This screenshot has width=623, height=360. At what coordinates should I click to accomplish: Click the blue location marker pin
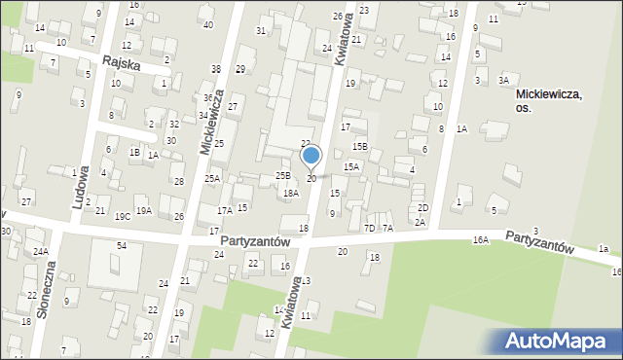pyautogui.click(x=311, y=156)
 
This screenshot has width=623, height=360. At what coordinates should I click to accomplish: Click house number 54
pyautogui.click(x=122, y=245)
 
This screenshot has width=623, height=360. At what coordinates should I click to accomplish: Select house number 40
pyautogui.click(x=207, y=24)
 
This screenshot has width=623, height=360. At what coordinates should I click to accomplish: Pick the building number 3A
pyautogui.click(x=503, y=80)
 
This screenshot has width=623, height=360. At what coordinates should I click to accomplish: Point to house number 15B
pyautogui.click(x=360, y=146)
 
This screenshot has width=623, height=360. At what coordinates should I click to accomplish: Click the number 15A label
pyautogui.click(x=351, y=167)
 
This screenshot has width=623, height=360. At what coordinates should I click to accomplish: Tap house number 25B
pyautogui.click(x=282, y=175)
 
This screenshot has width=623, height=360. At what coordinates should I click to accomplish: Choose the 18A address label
pyautogui.click(x=290, y=194)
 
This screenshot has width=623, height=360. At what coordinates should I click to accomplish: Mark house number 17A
pyautogui.click(x=224, y=210)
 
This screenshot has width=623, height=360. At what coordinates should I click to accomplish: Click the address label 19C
pyautogui.click(x=122, y=216)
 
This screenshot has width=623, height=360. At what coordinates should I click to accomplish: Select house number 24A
pyautogui.click(x=40, y=251)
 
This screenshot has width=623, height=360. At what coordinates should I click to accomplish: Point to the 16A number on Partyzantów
pyautogui.click(x=481, y=239)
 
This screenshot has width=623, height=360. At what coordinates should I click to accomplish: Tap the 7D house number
pyautogui.click(x=369, y=228)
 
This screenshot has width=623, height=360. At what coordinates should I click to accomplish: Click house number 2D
pyautogui.click(x=422, y=207)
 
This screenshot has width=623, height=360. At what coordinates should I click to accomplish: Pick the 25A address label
pyautogui.click(x=211, y=178)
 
